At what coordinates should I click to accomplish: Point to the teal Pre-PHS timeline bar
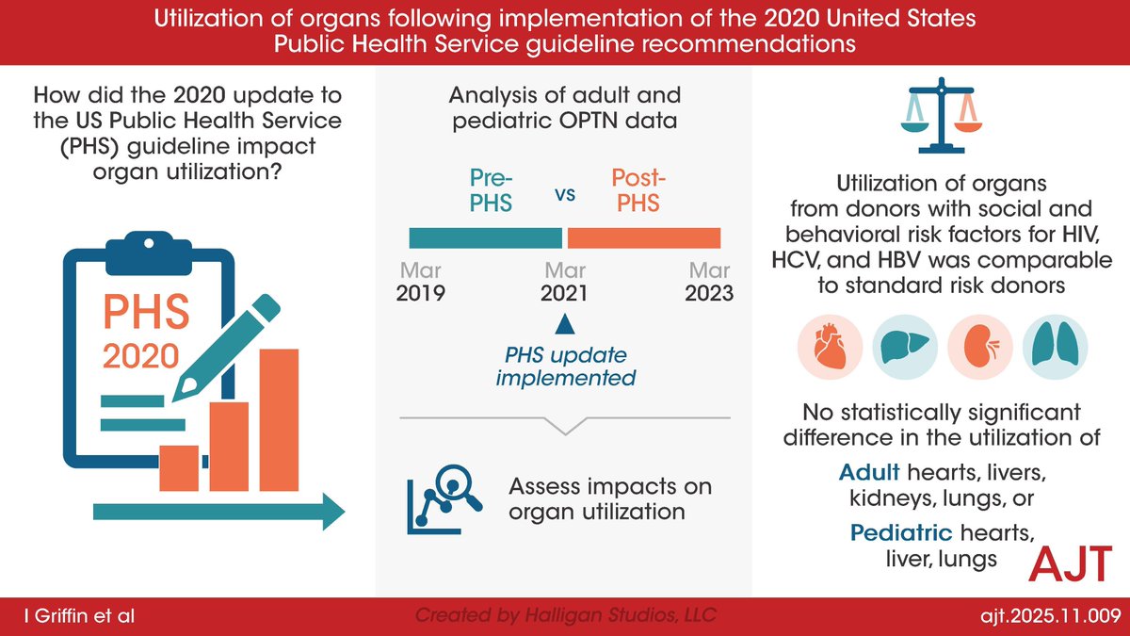click(485, 237)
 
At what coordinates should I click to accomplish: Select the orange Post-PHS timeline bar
click(643, 237)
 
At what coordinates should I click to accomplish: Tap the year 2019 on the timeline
click(422, 292)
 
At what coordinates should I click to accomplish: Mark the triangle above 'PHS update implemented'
click(563, 324)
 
